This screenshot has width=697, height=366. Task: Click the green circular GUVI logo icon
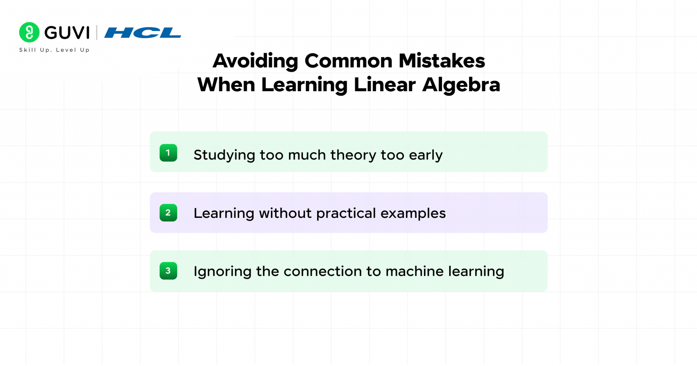pos(29,32)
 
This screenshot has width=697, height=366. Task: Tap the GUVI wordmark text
pos(67,33)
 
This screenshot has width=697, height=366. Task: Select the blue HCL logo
pos(143,33)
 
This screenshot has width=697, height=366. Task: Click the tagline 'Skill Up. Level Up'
pos(54,50)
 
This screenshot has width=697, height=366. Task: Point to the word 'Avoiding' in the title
pos(255,61)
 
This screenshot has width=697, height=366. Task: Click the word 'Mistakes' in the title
pos(441,61)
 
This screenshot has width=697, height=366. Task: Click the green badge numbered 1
pos(168,153)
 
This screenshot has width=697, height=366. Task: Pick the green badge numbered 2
pos(168,213)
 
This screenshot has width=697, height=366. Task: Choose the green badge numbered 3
pos(168,271)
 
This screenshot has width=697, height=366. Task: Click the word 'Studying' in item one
pos(224,156)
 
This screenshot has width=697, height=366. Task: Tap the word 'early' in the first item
pos(425,156)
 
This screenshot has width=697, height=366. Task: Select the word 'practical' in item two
pos(346,214)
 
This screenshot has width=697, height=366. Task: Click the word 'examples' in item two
pos(413,214)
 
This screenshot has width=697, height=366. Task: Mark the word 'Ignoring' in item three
pos(222,272)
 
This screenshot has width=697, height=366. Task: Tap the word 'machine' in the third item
pos(414,271)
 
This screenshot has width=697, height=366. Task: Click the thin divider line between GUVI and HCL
pos(97,33)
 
